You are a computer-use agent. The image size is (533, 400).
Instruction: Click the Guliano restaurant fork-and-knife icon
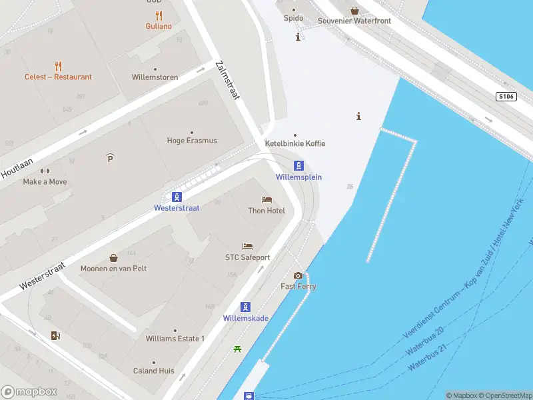[x=159, y=15]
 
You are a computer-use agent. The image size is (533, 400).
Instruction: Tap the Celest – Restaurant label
[x=58, y=77]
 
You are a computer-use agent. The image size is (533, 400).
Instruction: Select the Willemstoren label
[x=155, y=77]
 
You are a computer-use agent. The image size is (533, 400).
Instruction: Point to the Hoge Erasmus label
[x=192, y=141]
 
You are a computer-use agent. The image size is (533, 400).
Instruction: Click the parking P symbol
[x=110, y=157]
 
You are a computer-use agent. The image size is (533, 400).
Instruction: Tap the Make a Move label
[x=45, y=181]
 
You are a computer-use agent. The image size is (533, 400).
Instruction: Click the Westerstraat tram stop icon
[x=177, y=197]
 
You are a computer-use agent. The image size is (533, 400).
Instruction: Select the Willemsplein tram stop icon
[x=299, y=166]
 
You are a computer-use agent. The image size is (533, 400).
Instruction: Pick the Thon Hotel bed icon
[x=266, y=200]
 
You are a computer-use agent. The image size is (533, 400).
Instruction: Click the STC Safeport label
[x=247, y=257]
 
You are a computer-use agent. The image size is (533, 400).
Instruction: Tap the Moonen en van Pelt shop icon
[x=113, y=257]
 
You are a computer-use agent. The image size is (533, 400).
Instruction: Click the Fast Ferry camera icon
[x=298, y=275]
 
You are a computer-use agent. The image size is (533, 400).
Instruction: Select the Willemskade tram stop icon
[x=246, y=307]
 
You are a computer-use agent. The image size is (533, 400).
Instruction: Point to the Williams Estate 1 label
[x=175, y=339]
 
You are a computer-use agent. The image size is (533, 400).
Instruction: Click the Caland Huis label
[x=154, y=371]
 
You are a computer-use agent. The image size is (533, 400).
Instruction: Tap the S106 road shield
[x=506, y=97]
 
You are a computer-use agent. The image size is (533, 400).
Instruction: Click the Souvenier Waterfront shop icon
[x=354, y=10]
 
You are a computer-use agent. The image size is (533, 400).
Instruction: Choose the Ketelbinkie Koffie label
[x=295, y=143]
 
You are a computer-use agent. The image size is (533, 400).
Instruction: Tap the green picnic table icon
[x=237, y=349]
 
